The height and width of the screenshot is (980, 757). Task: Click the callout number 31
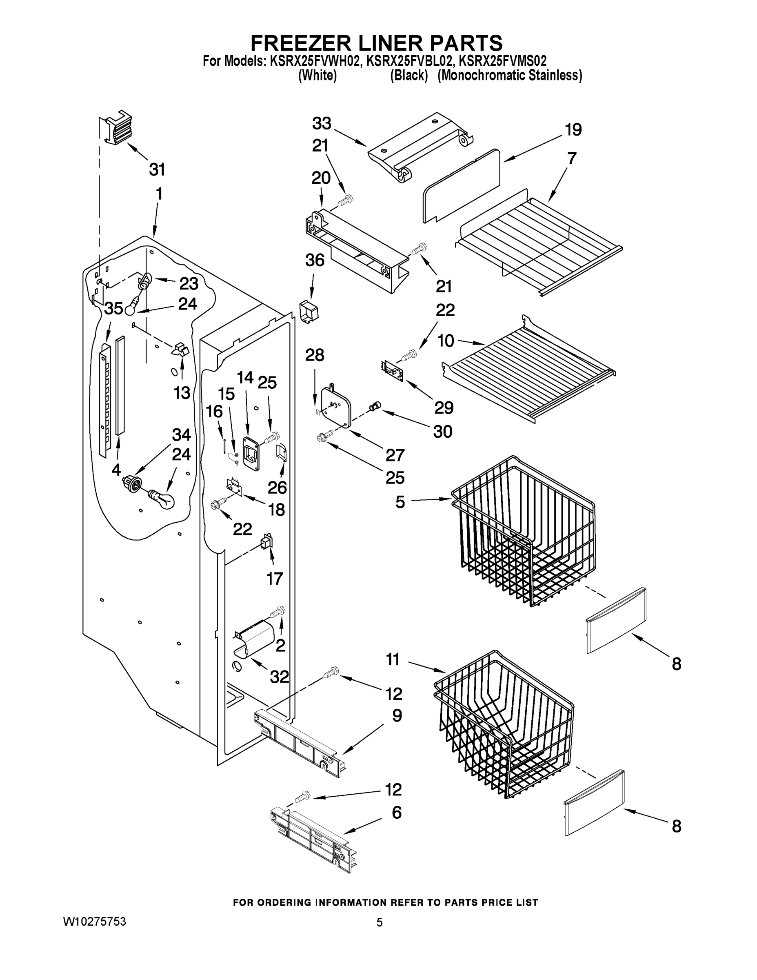tap(157, 169)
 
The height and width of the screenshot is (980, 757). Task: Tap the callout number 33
tap(322, 123)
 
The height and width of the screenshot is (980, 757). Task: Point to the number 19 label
tap(573, 130)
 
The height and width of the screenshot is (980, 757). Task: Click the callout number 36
tap(314, 260)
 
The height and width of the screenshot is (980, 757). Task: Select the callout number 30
tap(443, 432)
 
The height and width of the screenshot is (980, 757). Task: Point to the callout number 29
tap(444, 408)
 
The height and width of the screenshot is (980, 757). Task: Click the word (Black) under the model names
tap(408, 76)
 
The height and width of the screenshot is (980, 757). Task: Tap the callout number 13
tap(182, 393)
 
